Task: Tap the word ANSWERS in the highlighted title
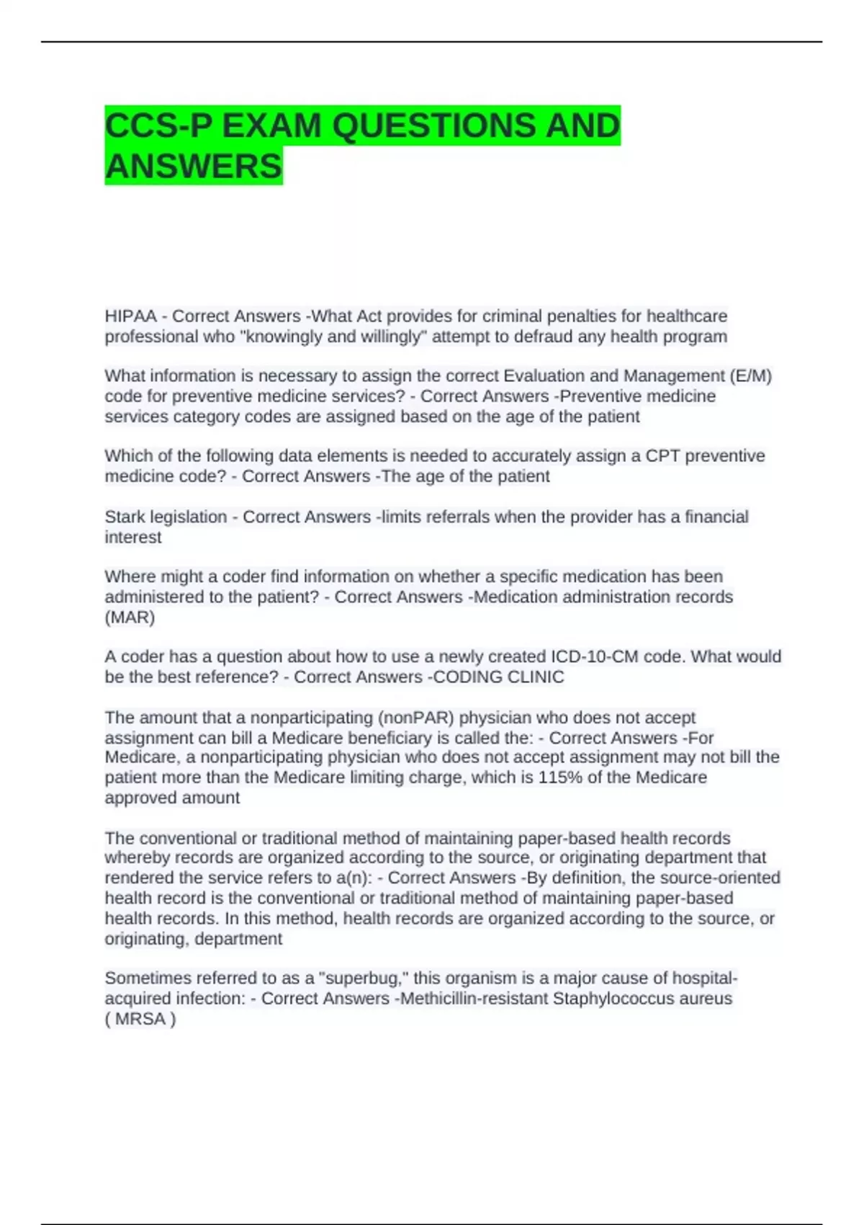pos(194,166)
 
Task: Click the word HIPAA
pos(130,316)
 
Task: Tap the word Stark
pos(125,517)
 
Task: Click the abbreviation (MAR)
pos(130,618)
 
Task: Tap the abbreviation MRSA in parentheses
pos(140,1019)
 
